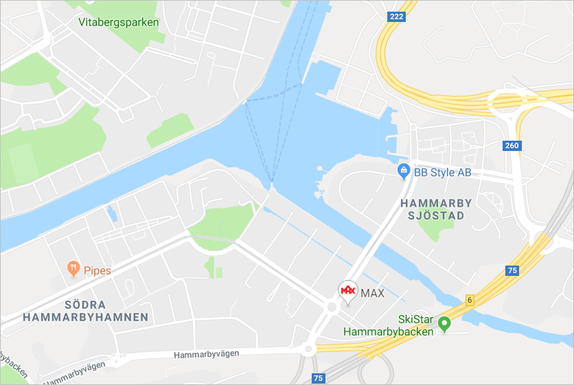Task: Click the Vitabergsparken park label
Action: coord(119,22)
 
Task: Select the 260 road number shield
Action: coord(512,145)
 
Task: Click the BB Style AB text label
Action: coord(442,172)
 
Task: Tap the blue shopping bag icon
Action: coord(404,172)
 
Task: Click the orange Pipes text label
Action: coord(97,270)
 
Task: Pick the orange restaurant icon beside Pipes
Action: coord(73,269)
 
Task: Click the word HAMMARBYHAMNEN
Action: coord(85,317)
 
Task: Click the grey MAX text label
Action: coord(372,293)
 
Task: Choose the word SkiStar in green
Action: coord(415,320)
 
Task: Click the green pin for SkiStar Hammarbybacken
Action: coord(444,323)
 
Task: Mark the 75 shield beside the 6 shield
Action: coord(512,270)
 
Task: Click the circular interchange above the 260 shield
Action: coord(508,104)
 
